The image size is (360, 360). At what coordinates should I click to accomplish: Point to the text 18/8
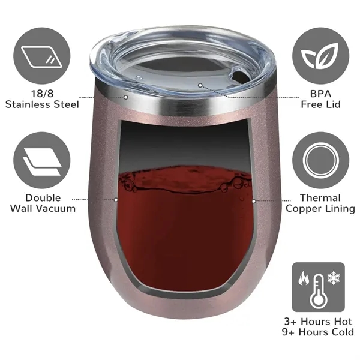coord(42,94)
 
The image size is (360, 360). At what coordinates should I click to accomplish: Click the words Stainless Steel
coord(42,104)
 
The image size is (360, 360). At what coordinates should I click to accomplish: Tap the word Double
coord(42,198)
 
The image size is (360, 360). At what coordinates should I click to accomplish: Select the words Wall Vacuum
coord(42,209)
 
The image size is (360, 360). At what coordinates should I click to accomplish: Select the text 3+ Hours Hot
coord(319,320)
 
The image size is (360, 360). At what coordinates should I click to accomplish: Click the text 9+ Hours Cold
coord(319,332)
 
